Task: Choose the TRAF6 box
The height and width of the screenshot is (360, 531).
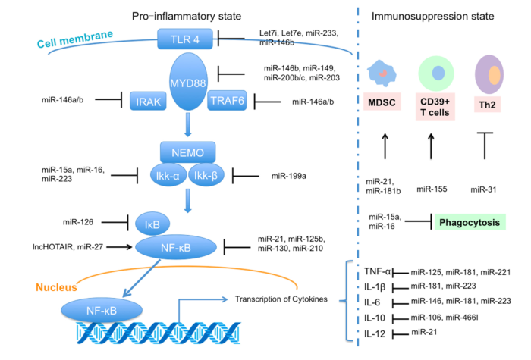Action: (x=225, y=101)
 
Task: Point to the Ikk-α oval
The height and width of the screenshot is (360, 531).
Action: (x=162, y=174)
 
